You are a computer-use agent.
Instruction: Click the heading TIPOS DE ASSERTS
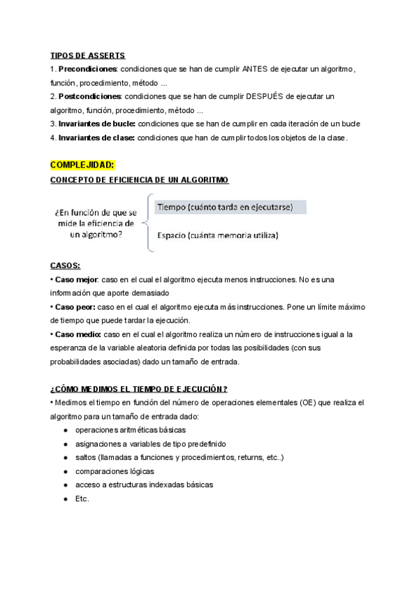pyautogui.click(x=88, y=55)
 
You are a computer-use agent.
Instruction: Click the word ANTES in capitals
pyautogui.click(x=256, y=69)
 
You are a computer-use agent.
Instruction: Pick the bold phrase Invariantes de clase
pyautogui.click(x=96, y=138)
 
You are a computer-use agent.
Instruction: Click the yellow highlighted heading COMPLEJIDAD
pyautogui.click(x=82, y=165)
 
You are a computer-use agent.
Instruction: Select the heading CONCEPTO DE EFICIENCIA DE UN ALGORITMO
pyautogui.click(x=139, y=180)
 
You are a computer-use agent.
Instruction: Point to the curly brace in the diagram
pyautogui.click(x=147, y=222)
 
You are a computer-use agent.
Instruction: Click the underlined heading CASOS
pyautogui.click(x=65, y=265)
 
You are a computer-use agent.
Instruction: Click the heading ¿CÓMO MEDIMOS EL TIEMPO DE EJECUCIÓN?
pyautogui.click(x=139, y=389)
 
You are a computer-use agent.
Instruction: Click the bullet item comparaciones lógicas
pyautogui.click(x=115, y=471)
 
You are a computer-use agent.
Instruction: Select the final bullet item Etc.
pyautogui.click(x=82, y=498)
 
